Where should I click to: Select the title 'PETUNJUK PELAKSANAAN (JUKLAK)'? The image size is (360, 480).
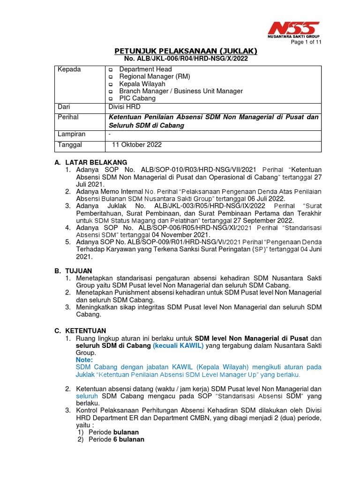pyautogui.click(x=186, y=51)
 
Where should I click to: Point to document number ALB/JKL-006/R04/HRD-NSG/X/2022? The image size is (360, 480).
pyautogui.click(x=186, y=59)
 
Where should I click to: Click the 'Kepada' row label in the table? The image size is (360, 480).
pyautogui.click(x=69, y=69)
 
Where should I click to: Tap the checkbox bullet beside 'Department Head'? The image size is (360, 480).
pyautogui.click(x=111, y=69)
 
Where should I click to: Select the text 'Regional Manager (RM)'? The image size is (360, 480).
pyautogui.click(x=155, y=76)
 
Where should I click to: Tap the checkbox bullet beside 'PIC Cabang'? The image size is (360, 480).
pyautogui.click(x=111, y=99)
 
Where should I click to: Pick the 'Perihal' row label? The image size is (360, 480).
pyautogui.click(x=68, y=117)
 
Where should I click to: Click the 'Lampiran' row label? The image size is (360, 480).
pyautogui.click(x=71, y=135)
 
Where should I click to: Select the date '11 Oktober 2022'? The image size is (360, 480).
pyautogui.click(x=136, y=145)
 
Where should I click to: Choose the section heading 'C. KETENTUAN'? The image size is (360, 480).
pyautogui.click(x=80, y=330)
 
